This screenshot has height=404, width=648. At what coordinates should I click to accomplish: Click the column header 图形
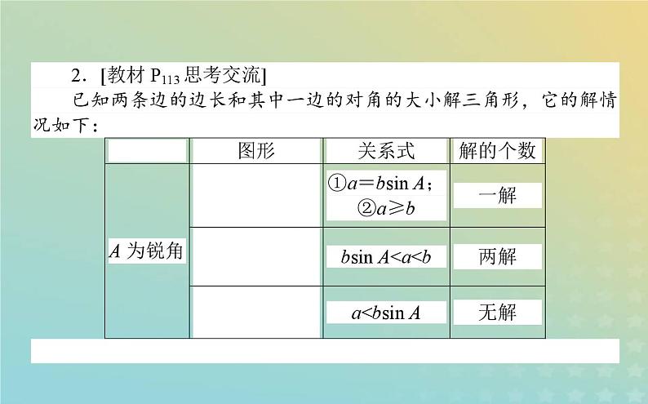tap(255, 151)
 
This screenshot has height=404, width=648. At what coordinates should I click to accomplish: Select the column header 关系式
tap(386, 151)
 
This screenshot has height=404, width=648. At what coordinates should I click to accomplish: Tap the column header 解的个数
tap(497, 151)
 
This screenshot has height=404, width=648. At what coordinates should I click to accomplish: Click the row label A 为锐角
tap(146, 252)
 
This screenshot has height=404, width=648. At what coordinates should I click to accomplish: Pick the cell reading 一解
tap(497, 195)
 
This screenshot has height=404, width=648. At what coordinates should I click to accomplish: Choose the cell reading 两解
tap(497, 256)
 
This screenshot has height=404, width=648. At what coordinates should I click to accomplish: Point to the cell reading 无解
tap(497, 311)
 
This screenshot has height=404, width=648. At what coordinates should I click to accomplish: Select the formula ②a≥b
tap(386, 208)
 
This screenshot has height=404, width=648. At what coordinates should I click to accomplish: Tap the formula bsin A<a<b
tap(386, 256)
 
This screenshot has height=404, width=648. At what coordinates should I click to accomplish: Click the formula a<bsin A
tap(386, 312)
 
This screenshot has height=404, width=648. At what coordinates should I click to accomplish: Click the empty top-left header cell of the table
tap(147, 151)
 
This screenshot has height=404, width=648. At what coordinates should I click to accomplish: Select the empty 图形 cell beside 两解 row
tap(255, 256)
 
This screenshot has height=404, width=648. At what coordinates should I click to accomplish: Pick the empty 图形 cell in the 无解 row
tap(255, 312)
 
